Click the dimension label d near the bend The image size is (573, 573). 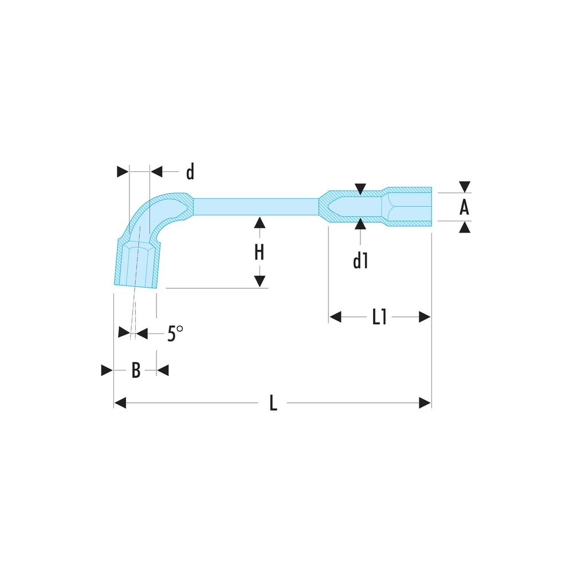pos(190,171)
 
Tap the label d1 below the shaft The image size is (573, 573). pos(360,261)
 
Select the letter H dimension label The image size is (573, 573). pos(259,252)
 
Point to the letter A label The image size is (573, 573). pos(464,207)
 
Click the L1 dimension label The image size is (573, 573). pos(379,317)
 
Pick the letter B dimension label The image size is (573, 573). pos(136,370)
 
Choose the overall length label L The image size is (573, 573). pos(273,403)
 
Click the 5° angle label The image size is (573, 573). pos(175,333)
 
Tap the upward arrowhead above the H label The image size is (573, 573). pos(259,222)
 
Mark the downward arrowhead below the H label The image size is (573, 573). pos(259,281)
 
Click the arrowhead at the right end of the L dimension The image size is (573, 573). pos(425,403)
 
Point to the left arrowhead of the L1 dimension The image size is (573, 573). pos(335,317)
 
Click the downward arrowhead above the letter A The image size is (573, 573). pos(465,187)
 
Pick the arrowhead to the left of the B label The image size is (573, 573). pos(107,370)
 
